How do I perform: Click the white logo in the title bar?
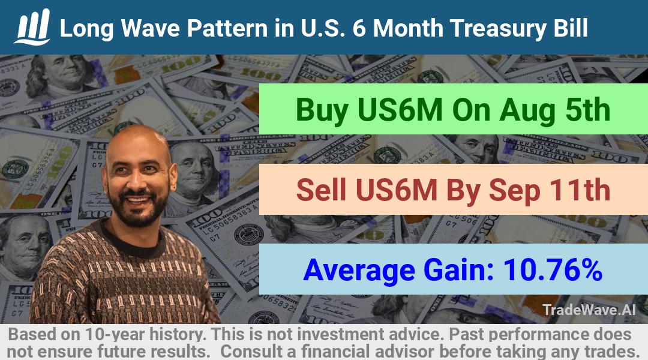coord(32,27)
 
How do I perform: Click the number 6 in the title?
coord(359,28)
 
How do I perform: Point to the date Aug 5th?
coord(554,110)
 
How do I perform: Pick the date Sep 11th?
coord(549,190)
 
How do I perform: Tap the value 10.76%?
coord(553,269)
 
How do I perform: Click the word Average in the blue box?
coord(359,271)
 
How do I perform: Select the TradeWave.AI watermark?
coord(589,310)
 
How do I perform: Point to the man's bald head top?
coord(137,139)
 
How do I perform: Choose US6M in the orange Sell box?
coord(396,190)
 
